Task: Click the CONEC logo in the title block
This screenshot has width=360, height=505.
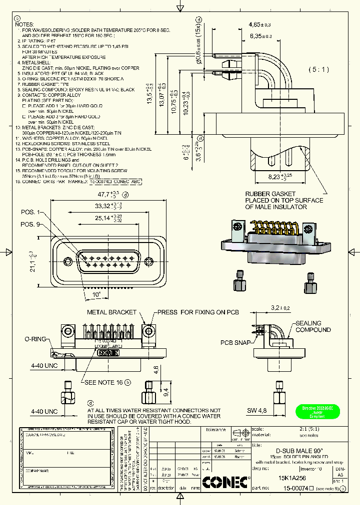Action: pos(225,482)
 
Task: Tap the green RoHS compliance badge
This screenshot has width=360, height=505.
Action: pos(314,411)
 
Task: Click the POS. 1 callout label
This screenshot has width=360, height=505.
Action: pos(29,213)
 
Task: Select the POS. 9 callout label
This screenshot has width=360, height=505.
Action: pos(29,224)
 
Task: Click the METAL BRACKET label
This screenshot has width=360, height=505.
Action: pos(111,312)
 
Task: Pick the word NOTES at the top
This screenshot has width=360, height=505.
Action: pos(24,24)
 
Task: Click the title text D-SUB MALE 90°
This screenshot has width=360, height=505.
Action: pos(294,451)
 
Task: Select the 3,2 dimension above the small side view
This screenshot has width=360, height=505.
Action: pos(277,308)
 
